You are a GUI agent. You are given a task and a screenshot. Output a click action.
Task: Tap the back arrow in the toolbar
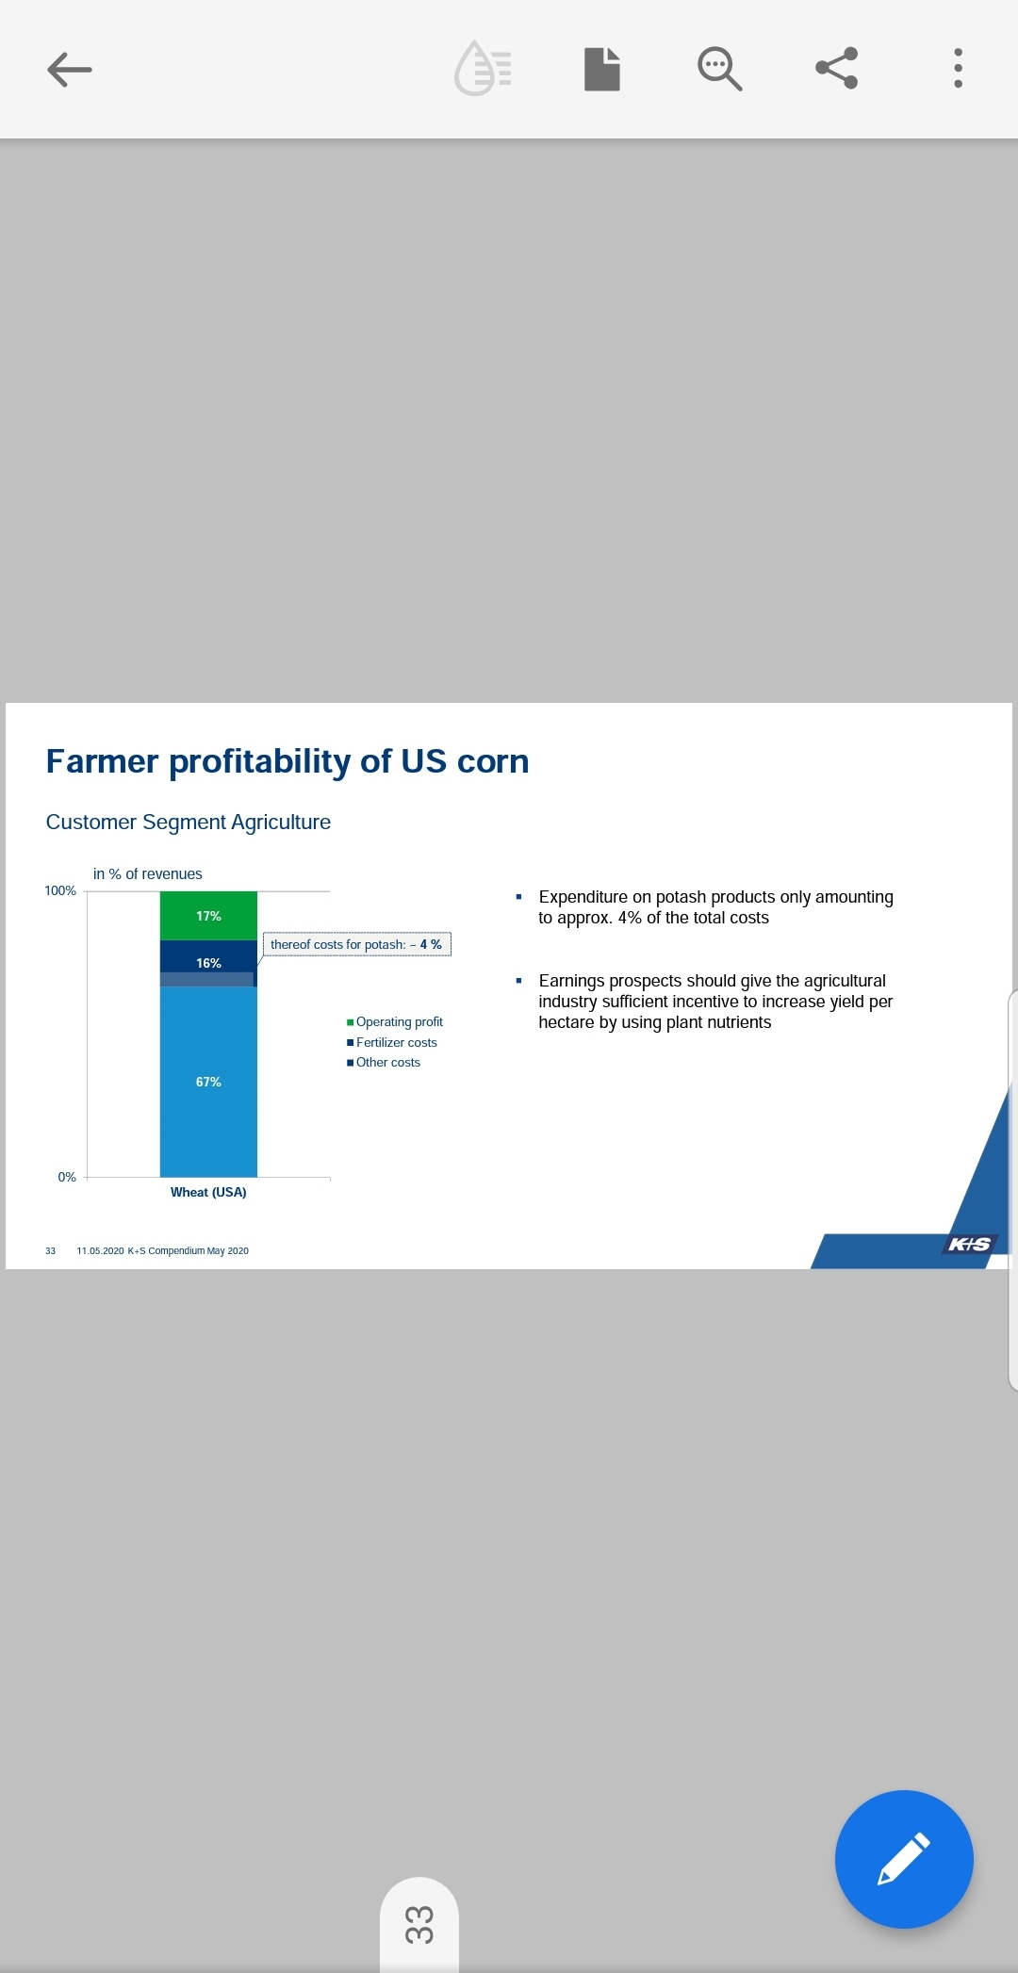click(70, 69)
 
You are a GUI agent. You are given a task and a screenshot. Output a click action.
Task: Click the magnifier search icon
click(719, 69)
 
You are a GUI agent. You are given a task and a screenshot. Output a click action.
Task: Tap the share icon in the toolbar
click(837, 68)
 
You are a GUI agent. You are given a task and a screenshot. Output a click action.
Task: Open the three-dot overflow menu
click(959, 68)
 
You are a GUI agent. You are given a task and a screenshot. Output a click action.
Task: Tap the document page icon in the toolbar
click(602, 69)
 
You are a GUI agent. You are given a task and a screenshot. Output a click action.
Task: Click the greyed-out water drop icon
click(483, 68)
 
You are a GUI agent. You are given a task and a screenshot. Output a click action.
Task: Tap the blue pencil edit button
click(904, 1859)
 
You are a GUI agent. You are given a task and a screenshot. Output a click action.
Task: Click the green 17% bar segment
click(208, 916)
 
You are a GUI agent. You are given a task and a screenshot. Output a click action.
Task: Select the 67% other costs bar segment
click(208, 1082)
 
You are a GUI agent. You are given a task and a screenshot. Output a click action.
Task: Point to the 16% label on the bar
click(208, 963)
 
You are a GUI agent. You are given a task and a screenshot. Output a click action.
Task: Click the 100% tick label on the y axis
click(60, 890)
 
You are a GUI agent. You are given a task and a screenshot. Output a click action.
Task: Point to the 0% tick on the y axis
click(67, 1177)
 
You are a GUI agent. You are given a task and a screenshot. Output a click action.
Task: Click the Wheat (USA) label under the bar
click(208, 1192)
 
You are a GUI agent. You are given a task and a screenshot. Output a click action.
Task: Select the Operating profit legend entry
click(395, 1021)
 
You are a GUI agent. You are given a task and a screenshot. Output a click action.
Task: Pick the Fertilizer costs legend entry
click(392, 1042)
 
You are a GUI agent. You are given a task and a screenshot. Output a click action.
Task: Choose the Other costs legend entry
click(384, 1062)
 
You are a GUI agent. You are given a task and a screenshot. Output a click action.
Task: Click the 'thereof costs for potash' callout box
click(356, 944)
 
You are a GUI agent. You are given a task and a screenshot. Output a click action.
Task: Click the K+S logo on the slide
click(969, 1244)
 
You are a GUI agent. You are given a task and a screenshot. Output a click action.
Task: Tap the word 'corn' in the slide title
click(493, 761)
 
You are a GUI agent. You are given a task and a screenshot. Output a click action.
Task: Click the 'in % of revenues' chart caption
click(148, 874)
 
